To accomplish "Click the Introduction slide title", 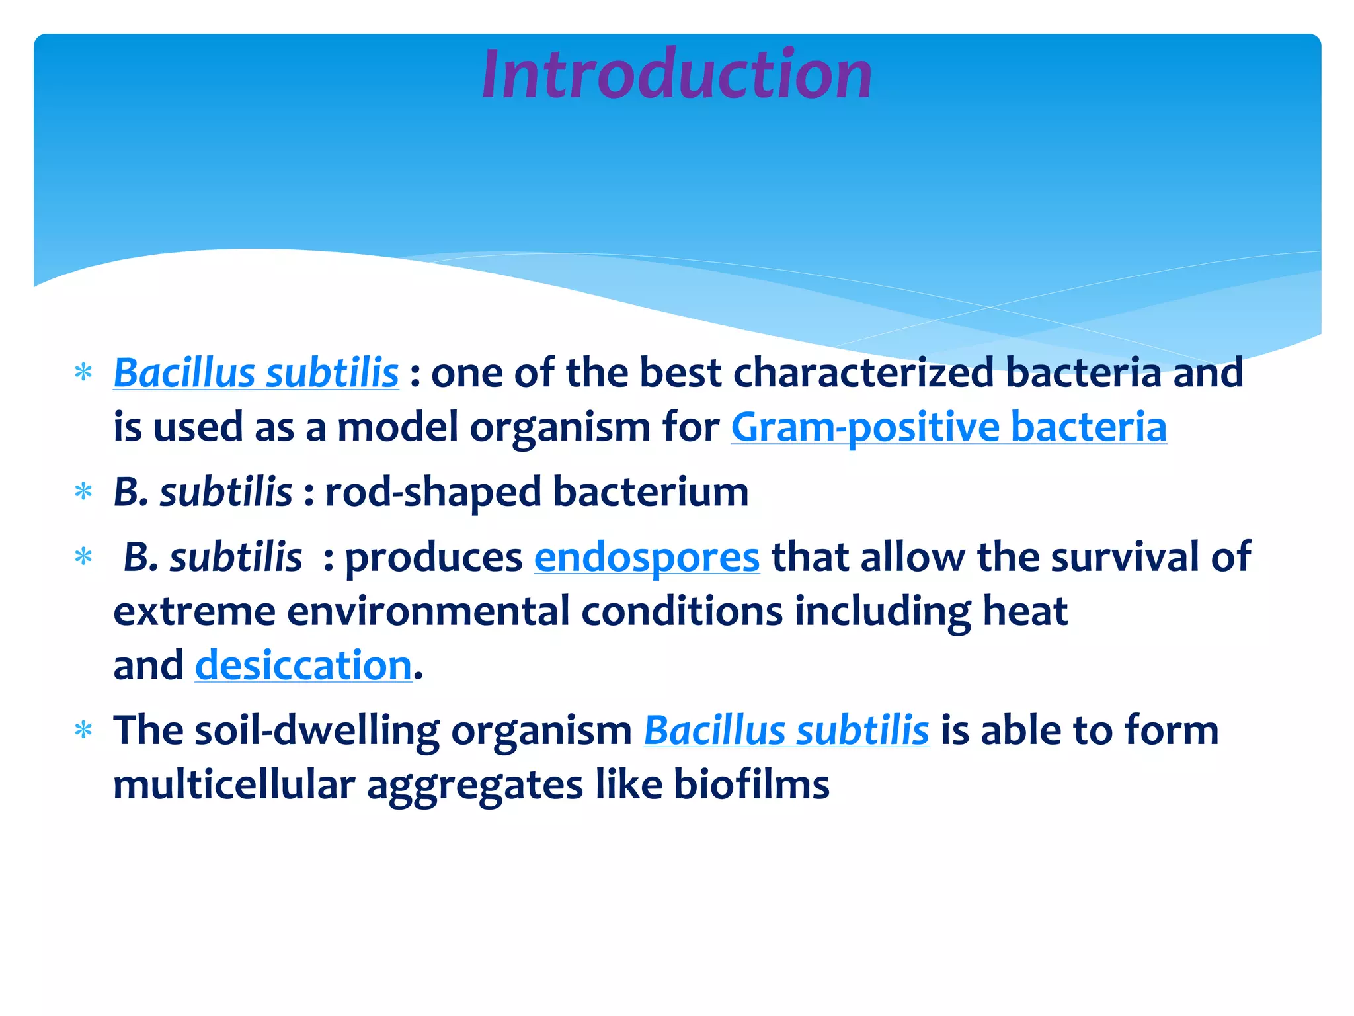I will (x=677, y=74).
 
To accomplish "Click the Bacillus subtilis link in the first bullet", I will (x=256, y=372).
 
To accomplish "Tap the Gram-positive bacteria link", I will (x=948, y=427).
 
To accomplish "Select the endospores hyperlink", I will (x=647, y=557).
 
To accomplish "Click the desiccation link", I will (x=303, y=665).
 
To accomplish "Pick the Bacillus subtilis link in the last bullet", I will (x=786, y=731).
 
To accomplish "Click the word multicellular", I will (x=234, y=785).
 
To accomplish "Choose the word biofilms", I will (x=751, y=785).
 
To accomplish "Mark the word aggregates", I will (x=475, y=785).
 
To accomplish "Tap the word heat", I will (x=1025, y=611).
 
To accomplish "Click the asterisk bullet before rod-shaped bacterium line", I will (x=83, y=493).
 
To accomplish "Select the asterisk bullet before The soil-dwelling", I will (x=83, y=731).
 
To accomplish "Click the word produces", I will (x=434, y=557).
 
